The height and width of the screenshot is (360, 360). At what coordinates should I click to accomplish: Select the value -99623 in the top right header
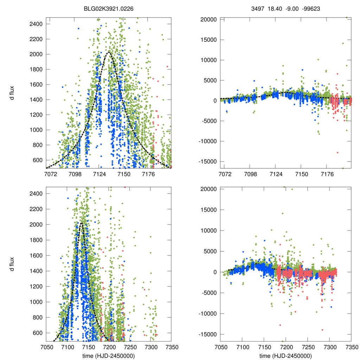(x=310, y=7)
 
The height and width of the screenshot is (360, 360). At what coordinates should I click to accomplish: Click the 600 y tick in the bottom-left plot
(x=38, y=333)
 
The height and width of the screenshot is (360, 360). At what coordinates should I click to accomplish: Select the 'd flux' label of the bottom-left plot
(x=13, y=263)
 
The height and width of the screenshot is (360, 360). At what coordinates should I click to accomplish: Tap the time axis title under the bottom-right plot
(x=285, y=355)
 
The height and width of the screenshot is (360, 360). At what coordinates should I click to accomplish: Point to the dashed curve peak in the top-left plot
(x=109, y=52)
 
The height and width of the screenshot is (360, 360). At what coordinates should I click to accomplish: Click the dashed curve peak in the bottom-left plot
(x=81, y=223)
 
